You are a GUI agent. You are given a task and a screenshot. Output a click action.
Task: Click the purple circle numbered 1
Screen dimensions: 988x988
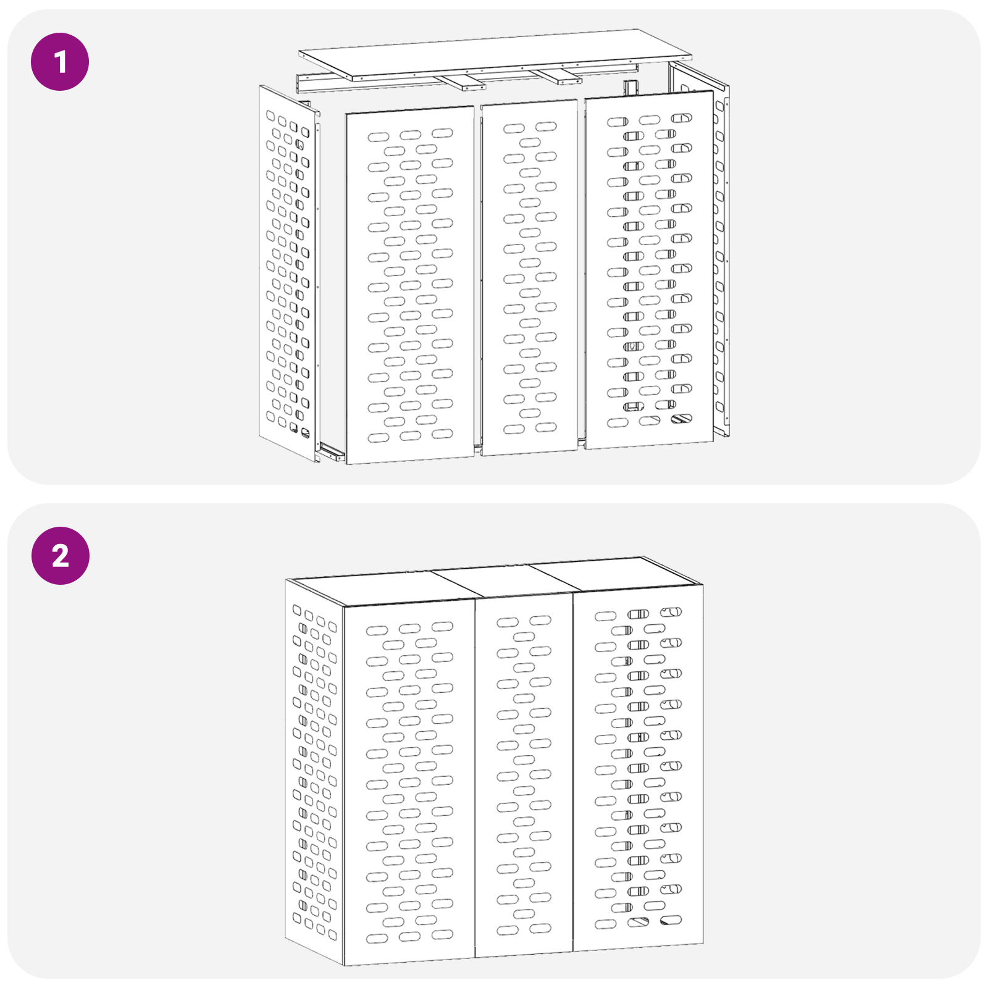coord(60,62)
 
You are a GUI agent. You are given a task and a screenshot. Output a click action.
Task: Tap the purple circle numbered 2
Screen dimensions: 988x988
coord(60,556)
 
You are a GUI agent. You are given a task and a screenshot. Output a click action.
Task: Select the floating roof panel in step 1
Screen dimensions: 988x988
coord(494,54)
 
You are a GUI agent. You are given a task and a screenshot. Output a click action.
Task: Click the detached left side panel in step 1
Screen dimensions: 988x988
coord(288,274)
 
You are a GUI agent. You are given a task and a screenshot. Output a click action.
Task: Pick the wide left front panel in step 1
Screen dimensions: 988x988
coord(410,285)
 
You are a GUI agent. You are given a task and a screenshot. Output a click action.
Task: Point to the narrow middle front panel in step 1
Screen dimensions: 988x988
coord(530,277)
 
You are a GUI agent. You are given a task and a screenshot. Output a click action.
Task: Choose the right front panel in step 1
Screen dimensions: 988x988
coord(649,270)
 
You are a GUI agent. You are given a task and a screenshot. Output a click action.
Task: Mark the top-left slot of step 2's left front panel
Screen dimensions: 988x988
coord(377,630)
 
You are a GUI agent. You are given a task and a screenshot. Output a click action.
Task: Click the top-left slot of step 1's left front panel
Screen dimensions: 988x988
coord(379,137)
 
